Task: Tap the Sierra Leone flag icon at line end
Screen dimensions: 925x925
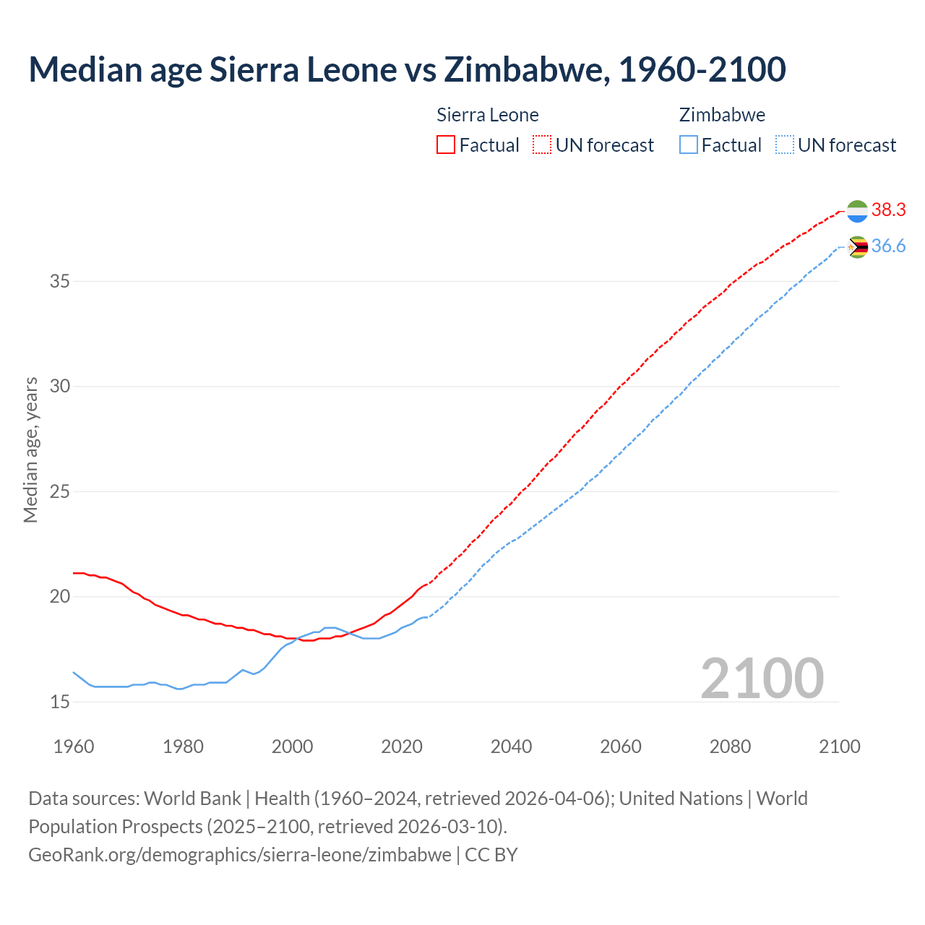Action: pos(857,211)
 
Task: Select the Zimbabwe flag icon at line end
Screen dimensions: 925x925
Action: pos(857,247)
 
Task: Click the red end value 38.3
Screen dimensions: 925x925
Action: pos(888,210)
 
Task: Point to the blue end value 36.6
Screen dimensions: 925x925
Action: pos(888,246)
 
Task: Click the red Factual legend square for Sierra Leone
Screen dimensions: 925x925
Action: pos(446,145)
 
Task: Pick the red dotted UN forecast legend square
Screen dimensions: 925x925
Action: pos(542,145)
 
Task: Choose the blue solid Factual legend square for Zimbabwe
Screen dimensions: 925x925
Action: pos(689,145)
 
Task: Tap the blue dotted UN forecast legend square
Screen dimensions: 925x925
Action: pos(785,145)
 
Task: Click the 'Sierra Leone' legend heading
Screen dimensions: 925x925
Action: pos(488,115)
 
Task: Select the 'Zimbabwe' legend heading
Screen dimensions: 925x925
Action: pos(722,115)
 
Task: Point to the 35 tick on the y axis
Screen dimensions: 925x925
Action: pos(59,281)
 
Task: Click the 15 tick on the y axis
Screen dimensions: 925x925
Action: pos(59,702)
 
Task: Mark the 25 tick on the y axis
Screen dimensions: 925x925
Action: pos(59,491)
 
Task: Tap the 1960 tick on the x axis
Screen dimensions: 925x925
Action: pos(74,747)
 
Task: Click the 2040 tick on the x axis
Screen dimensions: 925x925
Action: pos(511,747)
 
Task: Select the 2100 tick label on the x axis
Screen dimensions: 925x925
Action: pos(839,747)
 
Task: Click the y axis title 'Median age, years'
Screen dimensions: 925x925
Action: pos(30,449)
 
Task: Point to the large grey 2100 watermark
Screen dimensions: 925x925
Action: pos(762,679)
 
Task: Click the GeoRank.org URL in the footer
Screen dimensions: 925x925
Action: pos(240,855)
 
